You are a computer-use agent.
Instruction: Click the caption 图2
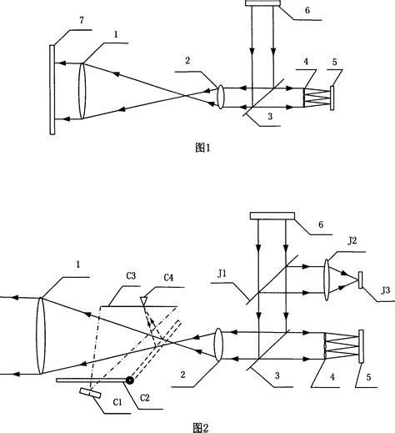(199, 426)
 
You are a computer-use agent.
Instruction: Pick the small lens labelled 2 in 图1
(220, 94)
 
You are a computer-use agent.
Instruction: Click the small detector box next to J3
(360, 280)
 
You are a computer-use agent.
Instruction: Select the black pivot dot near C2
(129, 380)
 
